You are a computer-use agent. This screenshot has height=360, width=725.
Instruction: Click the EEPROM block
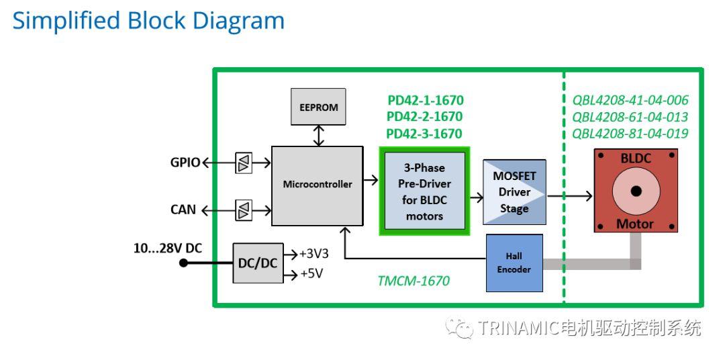tap(318, 107)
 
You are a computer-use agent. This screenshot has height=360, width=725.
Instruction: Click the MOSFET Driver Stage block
tap(514, 192)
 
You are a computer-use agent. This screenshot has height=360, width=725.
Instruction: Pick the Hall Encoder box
tap(514, 263)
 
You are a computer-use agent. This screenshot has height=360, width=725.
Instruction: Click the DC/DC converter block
tap(258, 263)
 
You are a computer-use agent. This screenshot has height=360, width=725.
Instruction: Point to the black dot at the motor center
tap(636, 191)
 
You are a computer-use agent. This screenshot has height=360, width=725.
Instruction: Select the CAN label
tap(183, 210)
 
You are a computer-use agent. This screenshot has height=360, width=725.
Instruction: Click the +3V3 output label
tap(313, 254)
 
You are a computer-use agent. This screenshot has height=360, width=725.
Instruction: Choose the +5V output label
tap(311, 274)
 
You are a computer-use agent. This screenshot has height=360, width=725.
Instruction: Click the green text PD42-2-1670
tap(424, 117)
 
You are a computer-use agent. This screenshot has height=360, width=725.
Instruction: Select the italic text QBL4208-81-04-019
tap(630, 134)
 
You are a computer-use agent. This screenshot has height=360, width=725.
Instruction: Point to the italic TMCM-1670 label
tap(413, 281)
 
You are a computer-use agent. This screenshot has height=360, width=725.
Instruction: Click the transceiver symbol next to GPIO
tap(243, 163)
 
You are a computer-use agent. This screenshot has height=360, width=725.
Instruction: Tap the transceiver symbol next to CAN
tap(243, 210)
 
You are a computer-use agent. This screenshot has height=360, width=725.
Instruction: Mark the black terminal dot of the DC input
tap(183, 263)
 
